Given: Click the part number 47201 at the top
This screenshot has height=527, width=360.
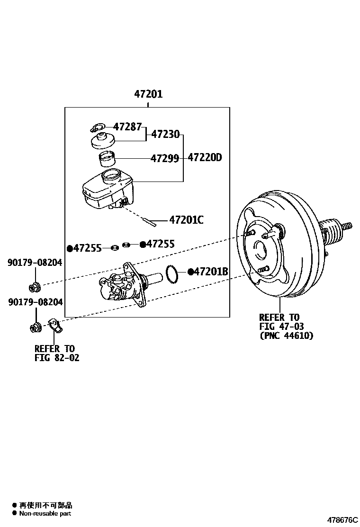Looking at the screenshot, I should tap(148, 94).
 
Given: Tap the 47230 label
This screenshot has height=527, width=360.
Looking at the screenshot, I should tap(165, 134).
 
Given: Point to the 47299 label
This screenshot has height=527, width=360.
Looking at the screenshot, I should tap(164, 158).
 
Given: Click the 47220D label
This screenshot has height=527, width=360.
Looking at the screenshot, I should tap(205, 157).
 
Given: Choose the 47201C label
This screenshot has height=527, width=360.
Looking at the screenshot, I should tap(186, 220).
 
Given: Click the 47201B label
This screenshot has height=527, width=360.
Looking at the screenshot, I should tap(211, 272).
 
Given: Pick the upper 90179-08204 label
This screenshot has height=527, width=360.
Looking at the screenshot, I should tap(35, 262).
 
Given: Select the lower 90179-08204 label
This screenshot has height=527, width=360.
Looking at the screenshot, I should tap(35, 301).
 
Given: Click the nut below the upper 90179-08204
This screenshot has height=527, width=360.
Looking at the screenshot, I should tap(35, 286).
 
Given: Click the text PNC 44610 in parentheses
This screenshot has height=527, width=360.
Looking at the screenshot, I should tap(287, 336).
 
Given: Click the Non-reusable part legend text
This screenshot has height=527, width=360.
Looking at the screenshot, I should tap(45, 513).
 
